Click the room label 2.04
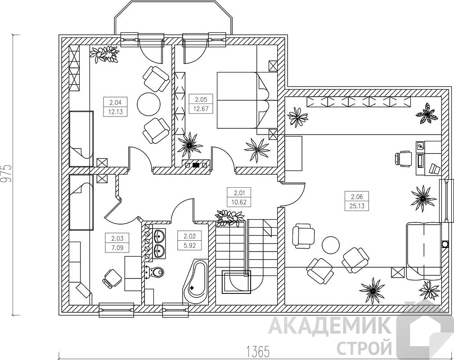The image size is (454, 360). pyautogui.click(x=115, y=102)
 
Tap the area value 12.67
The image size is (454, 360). pyautogui.click(x=201, y=109)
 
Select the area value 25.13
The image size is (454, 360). pyautogui.click(x=357, y=206)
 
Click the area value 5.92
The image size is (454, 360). pyautogui.click(x=190, y=246)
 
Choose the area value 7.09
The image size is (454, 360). pyautogui.click(x=117, y=248)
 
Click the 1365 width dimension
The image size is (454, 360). pyautogui.click(x=257, y=352)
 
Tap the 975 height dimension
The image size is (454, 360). pyautogui.click(x=6, y=174)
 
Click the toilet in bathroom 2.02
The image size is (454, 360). pyautogui.click(x=155, y=272)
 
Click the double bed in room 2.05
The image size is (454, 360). pyautogui.click(x=243, y=100)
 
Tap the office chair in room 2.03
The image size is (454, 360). pyautogui.click(x=112, y=278)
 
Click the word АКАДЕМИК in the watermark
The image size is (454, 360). pyautogui.click(x=329, y=326)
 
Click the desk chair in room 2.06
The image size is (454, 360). pyautogui.click(x=403, y=159)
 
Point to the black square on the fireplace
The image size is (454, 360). pyautogui.click(x=196, y=165)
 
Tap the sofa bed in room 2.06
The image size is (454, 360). pyautogui.click(x=423, y=251)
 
